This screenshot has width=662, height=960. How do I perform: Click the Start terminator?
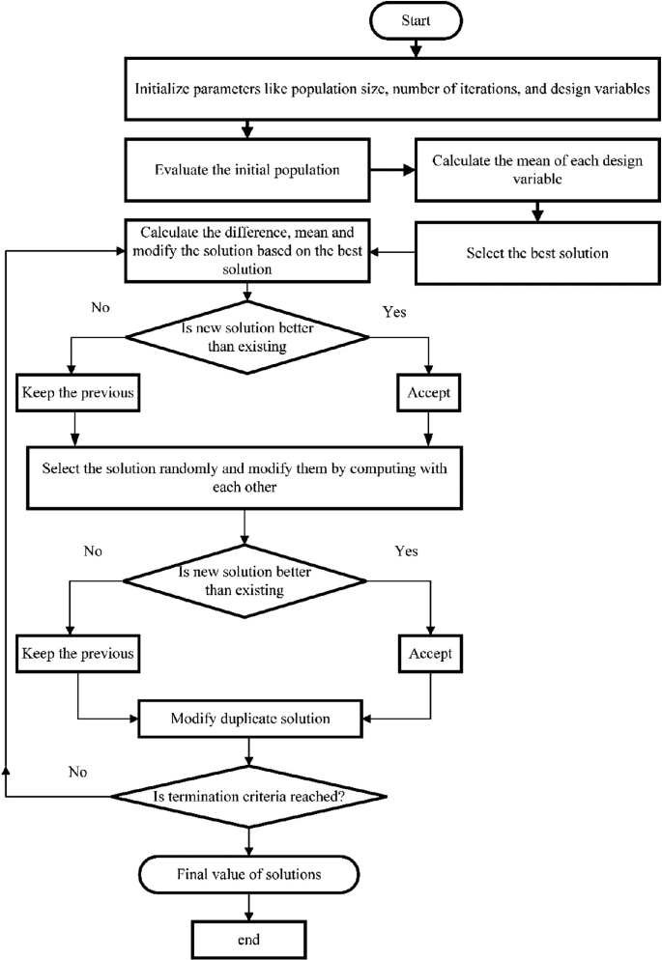point(416,20)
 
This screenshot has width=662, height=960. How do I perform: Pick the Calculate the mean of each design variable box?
point(528,170)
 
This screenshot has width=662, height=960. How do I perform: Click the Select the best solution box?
point(528,254)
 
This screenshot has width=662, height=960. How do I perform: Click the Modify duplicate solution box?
point(250,720)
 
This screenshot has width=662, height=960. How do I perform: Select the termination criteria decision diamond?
point(250,796)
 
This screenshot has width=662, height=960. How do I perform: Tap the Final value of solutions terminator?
point(250,875)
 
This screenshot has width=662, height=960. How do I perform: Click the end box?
point(250,938)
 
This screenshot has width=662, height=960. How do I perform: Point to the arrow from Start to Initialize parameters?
point(416,45)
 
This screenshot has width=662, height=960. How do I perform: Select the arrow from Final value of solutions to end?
point(250,907)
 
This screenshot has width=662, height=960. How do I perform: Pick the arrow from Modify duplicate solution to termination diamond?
point(250,750)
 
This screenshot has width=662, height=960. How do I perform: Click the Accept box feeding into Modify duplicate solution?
point(429,653)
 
